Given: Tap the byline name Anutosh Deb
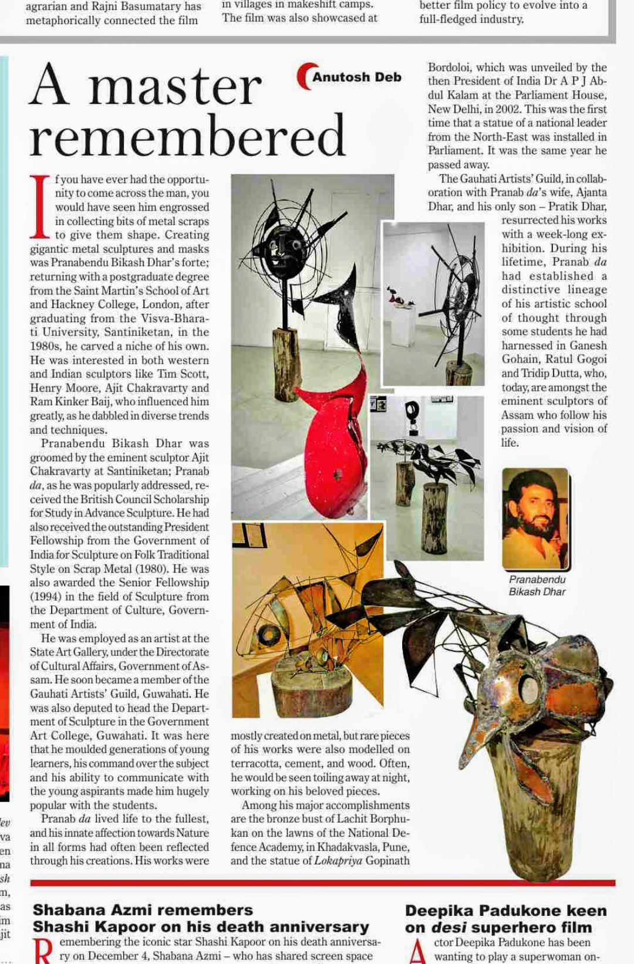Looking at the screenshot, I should point(356,77).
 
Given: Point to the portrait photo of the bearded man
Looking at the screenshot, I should point(535,519).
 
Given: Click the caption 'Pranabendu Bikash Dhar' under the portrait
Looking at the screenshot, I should point(537,586).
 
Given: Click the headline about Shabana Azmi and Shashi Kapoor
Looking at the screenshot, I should point(201,919).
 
